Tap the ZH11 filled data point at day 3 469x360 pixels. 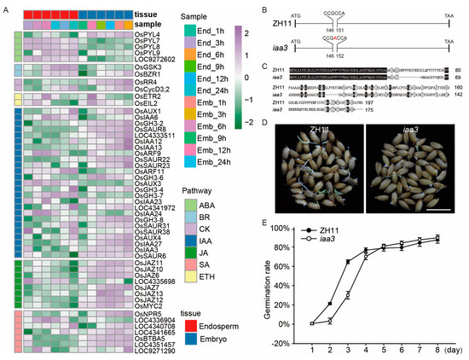(x=348, y=262)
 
